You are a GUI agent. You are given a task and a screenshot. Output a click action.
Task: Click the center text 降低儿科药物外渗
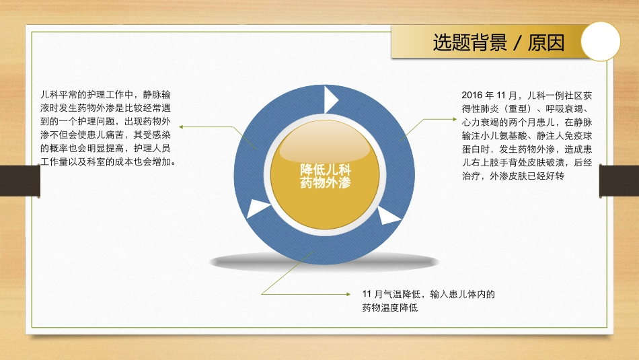pos(326,175)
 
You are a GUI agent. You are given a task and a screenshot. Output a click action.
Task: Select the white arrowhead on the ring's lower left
pos(258,209)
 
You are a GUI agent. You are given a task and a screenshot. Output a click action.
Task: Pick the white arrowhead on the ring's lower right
pos(389,217)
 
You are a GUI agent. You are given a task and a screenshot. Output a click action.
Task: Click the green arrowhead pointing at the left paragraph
pos(182,126)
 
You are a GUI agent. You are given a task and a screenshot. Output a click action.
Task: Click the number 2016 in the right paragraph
pos(473,95)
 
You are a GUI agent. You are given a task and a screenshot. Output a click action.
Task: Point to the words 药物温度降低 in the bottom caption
pos(390,308)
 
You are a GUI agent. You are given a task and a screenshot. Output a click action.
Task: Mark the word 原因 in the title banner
pos(546,43)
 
